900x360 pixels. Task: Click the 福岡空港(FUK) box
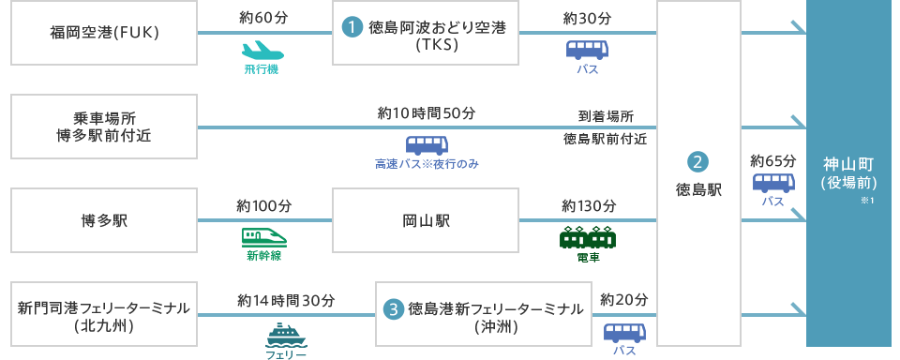click(104, 33)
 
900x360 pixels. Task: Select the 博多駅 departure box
click(104, 220)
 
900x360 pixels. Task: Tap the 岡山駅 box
click(426, 220)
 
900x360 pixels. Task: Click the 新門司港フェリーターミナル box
click(104, 315)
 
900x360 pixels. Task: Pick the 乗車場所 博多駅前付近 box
click(104, 127)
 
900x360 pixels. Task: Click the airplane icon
click(262, 50)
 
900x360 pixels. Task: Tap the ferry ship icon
click(287, 334)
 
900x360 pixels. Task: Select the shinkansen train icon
click(263, 236)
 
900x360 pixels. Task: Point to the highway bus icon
click(427, 145)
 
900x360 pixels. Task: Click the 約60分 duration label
click(263, 19)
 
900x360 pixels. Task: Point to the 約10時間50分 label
click(427, 113)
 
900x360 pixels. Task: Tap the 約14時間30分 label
click(286, 301)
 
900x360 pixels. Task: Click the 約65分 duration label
click(772, 161)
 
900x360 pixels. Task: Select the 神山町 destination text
click(847, 161)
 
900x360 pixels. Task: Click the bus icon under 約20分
click(624, 332)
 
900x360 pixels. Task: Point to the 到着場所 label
click(605, 117)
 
